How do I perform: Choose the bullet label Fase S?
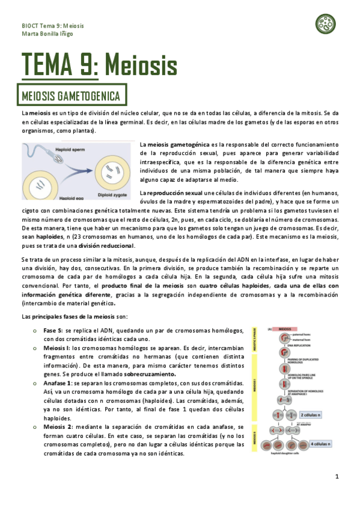coord(52,331)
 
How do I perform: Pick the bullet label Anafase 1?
coord(58,382)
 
